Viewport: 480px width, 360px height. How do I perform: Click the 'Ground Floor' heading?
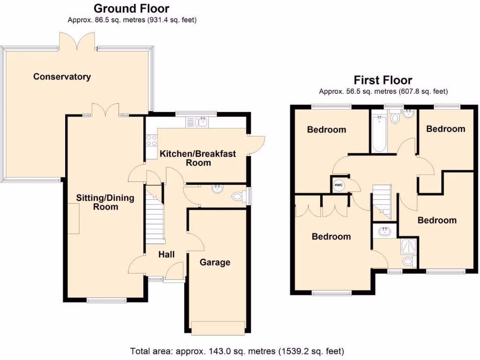131,8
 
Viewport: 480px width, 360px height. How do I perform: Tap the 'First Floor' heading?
382,80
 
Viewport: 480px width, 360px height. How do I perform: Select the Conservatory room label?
62,76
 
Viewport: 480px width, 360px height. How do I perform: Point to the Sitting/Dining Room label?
105,202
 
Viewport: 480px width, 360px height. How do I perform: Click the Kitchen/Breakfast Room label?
198,158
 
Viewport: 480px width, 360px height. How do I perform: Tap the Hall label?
166,254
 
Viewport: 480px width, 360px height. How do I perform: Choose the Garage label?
215,262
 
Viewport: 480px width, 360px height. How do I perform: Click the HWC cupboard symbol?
338,185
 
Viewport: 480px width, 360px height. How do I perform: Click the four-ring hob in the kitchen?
152,139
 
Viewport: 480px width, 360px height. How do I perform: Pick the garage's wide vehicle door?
217,328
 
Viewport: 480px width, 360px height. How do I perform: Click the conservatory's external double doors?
77,41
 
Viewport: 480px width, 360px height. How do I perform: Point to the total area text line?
237,351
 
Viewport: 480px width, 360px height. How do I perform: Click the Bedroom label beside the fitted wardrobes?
331,237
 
